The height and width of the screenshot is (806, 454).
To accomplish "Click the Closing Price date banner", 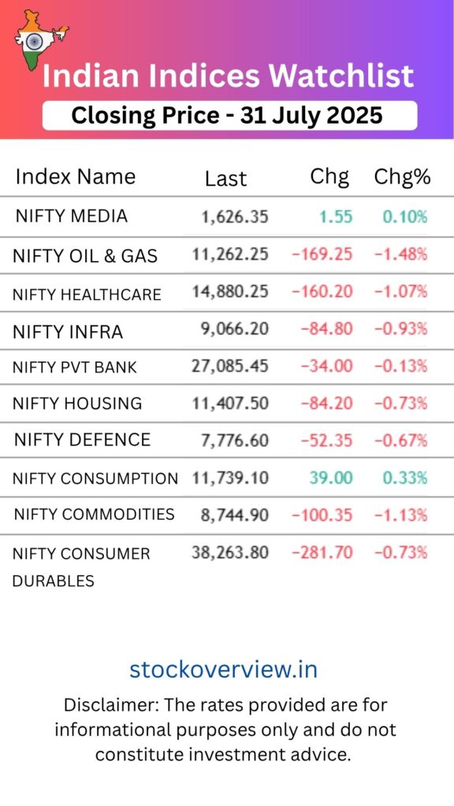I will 228,116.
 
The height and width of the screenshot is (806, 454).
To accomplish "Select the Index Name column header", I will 76,176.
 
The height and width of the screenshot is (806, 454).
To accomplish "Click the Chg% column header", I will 402,177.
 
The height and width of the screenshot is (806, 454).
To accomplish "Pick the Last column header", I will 225,179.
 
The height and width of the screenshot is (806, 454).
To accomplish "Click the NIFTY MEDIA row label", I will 72,216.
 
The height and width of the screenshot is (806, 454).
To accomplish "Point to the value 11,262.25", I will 230,253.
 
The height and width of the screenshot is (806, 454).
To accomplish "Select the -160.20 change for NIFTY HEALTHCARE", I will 322,292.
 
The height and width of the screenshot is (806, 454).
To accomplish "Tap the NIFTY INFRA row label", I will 68,332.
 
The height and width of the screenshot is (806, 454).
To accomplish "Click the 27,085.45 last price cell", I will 230,366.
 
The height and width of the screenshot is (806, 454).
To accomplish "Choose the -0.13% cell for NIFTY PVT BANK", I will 400,366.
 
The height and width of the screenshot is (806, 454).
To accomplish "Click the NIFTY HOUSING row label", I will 77,404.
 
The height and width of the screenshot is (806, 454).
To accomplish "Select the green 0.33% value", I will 405,478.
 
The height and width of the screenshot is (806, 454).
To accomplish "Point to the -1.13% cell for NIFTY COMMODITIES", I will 400,516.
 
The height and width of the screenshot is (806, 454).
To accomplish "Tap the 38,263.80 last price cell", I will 230,553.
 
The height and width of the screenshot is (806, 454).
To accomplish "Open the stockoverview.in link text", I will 223,670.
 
